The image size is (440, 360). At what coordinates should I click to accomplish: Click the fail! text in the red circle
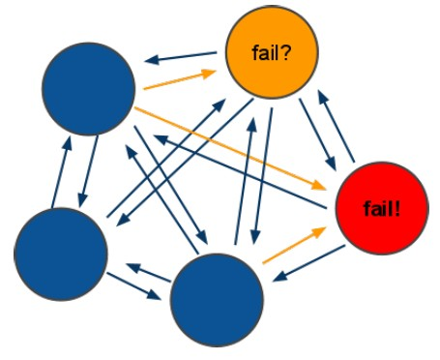tap(382, 207)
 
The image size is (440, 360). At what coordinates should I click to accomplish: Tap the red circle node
tap(382, 207)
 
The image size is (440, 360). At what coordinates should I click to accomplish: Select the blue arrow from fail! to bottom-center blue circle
tap(308, 263)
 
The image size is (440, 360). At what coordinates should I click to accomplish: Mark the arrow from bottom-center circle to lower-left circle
tap(145, 268)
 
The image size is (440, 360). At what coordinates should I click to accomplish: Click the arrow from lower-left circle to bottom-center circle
tap(135, 287)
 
